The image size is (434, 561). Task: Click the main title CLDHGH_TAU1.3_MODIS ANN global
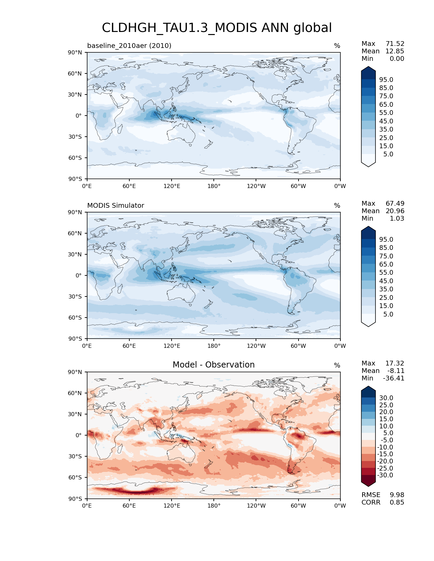point(217,28)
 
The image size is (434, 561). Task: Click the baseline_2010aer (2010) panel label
point(129,46)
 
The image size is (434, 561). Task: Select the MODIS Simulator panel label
point(115,205)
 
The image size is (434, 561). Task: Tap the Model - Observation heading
point(213,365)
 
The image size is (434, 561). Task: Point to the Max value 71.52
point(395,44)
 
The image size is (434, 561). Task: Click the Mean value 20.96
point(395,211)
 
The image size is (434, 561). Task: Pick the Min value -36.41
point(393,378)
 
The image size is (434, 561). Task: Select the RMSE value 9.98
point(397,495)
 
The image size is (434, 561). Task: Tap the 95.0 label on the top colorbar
point(386,80)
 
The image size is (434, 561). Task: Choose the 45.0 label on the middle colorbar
point(386,281)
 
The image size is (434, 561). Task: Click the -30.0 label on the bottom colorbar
point(385,475)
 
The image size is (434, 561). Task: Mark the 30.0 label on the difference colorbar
point(386,398)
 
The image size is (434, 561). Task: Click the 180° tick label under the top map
point(214,186)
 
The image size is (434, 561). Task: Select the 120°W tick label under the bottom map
point(256,506)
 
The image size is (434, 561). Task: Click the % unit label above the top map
point(337,46)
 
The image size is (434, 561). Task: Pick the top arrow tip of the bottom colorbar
point(368,387)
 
